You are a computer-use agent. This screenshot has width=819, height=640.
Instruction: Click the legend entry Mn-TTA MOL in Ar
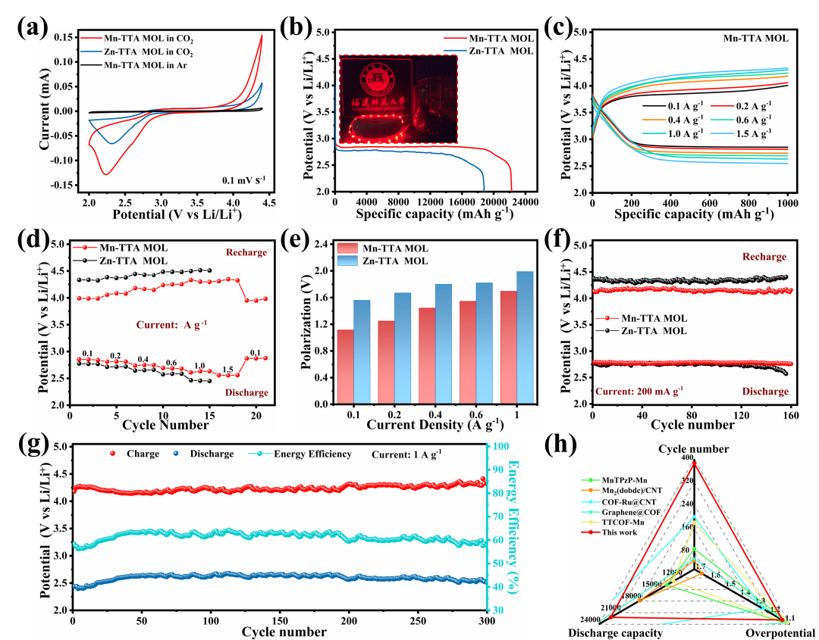click(145, 67)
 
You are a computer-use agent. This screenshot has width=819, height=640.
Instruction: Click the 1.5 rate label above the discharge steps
click(228, 369)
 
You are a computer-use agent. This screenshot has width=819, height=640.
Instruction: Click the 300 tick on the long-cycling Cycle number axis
click(488, 620)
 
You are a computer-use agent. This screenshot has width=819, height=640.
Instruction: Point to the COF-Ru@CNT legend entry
click(629, 501)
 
